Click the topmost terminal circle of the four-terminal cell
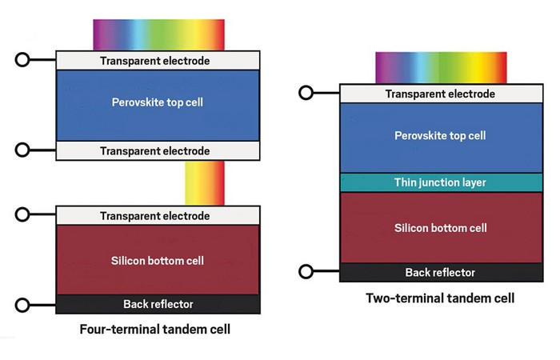[x=22, y=60]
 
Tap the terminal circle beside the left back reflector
[x=22, y=304]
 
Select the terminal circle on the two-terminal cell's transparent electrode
[x=306, y=93]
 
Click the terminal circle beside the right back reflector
[x=306, y=272]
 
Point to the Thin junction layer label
[x=440, y=182]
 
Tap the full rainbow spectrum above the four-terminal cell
[x=158, y=35]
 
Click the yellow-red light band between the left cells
[x=204, y=182]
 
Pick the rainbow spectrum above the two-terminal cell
[x=441, y=66]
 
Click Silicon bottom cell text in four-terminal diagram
[x=157, y=261]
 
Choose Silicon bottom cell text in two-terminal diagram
[x=440, y=228]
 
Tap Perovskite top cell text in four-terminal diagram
[x=157, y=102]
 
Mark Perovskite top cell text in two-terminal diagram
[x=440, y=136]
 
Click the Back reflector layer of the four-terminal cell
[x=157, y=304]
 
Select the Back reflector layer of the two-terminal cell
[x=440, y=273]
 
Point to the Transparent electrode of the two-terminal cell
[x=440, y=94]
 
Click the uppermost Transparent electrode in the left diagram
[x=157, y=61]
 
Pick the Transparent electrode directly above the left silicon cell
[x=157, y=216]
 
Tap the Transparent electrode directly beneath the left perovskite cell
[x=157, y=150]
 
